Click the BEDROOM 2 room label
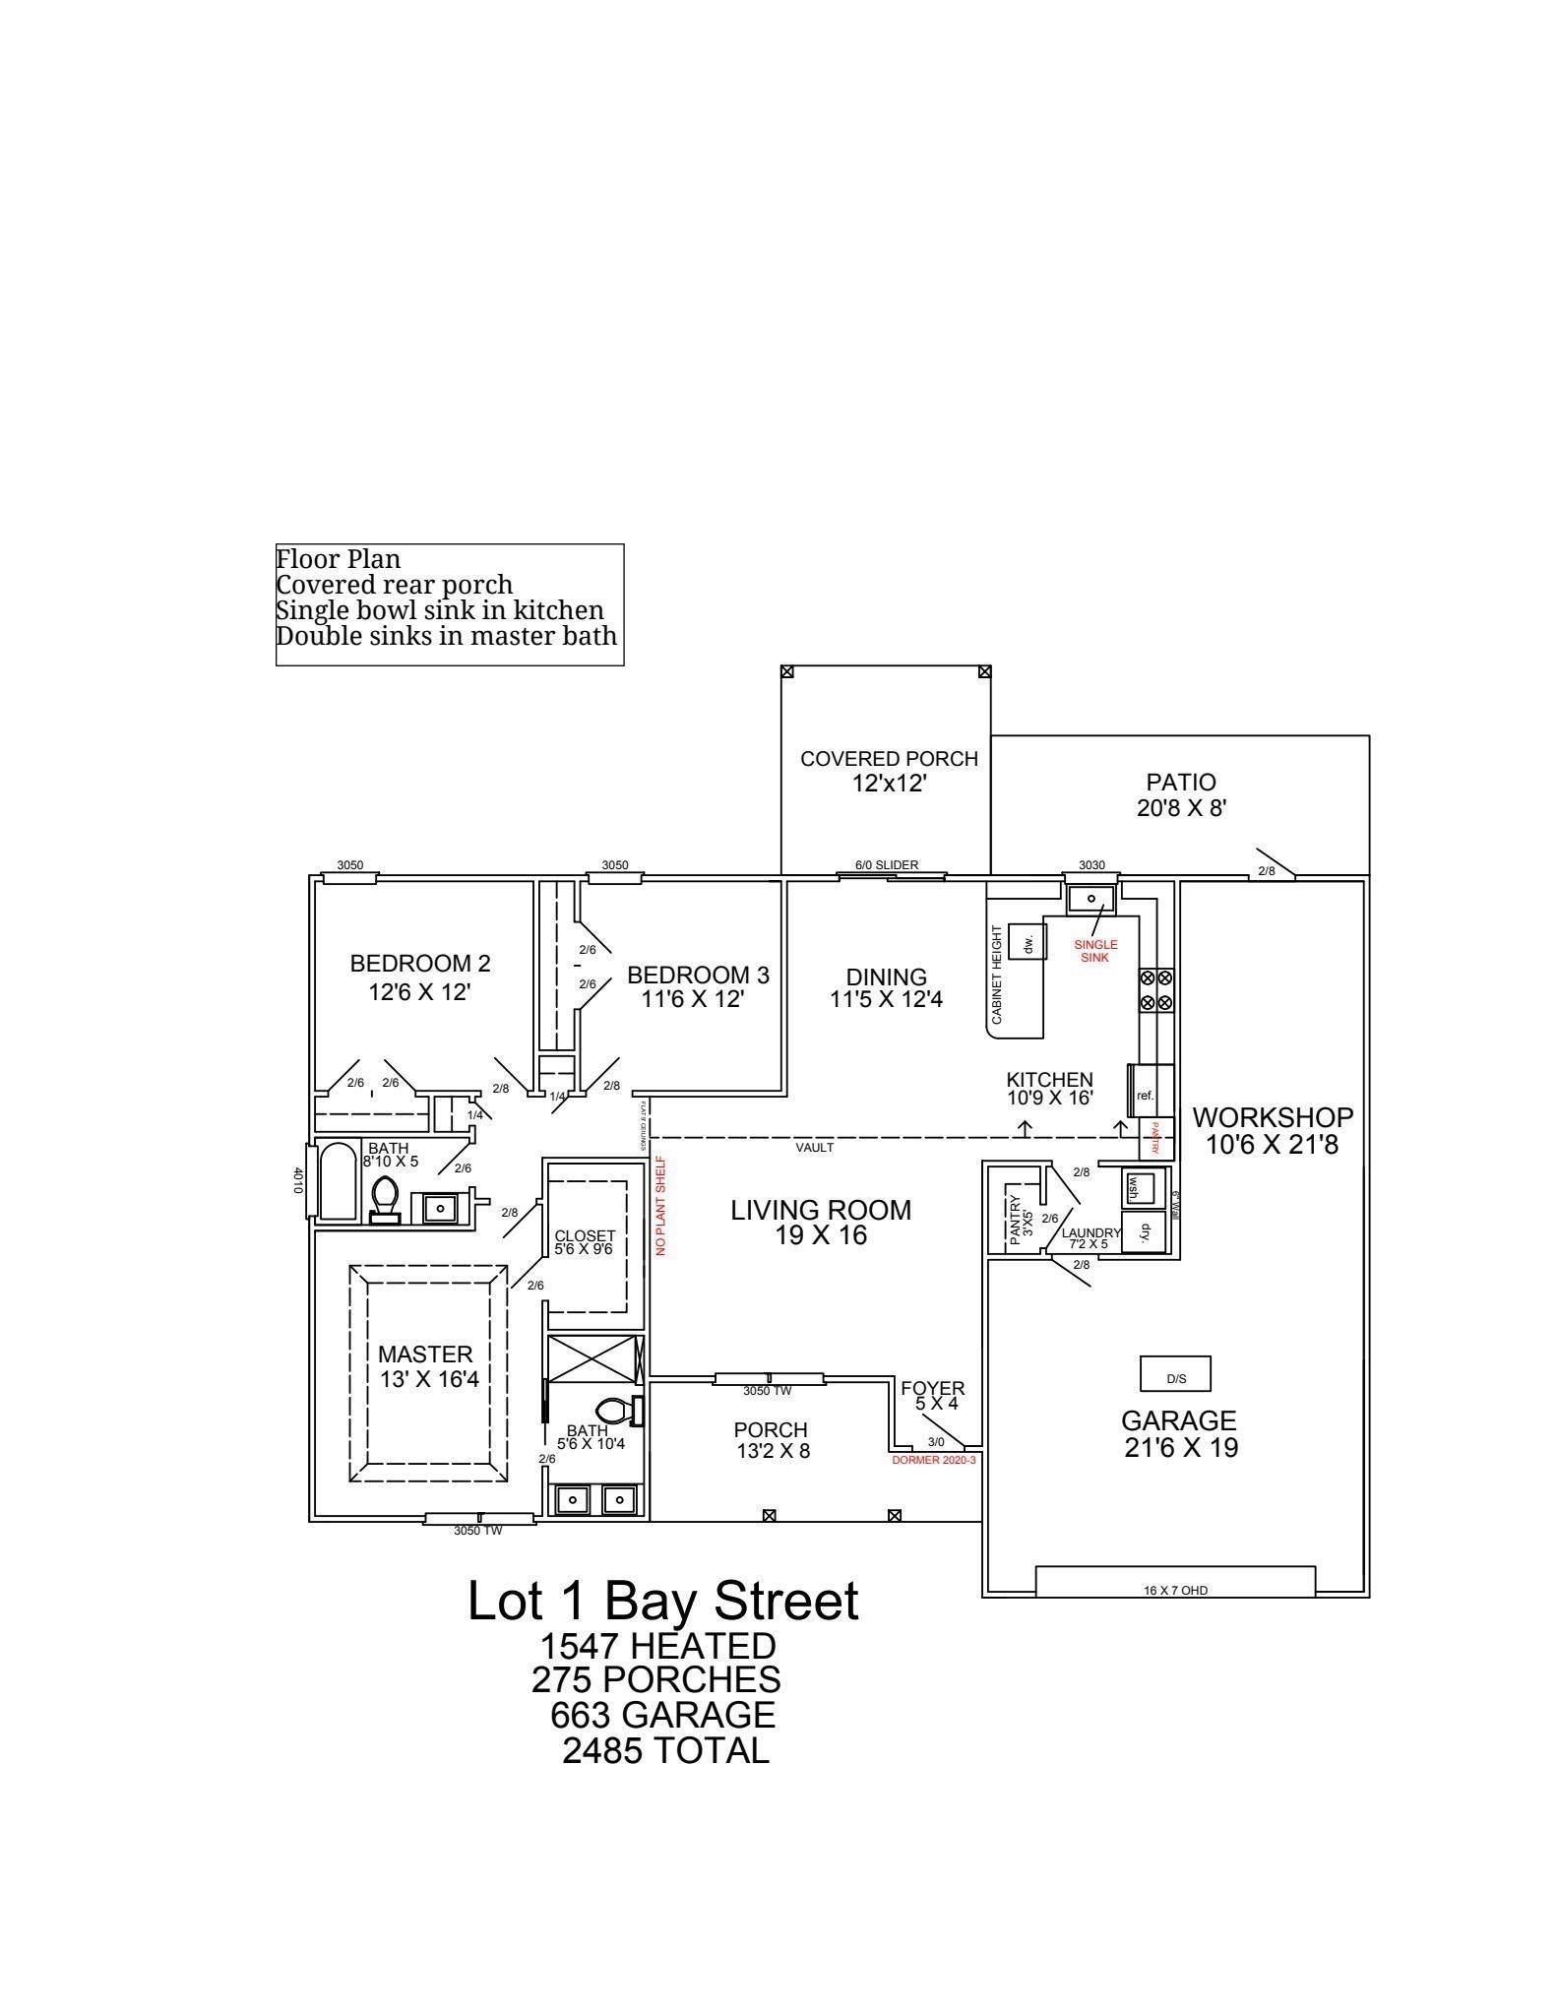tap(420, 964)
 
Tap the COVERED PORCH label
tap(889, 759)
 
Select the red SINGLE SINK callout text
tap(1095, 951)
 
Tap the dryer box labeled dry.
tap(1144, 1231)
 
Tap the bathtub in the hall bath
tap(338, 1180)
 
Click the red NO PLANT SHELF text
tap(661, 1205)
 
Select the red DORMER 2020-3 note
tap(933, 1460)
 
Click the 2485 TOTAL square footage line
tap(665, 1751)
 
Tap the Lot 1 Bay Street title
tap(662, 1601)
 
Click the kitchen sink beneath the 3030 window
tap(1091, 899)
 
